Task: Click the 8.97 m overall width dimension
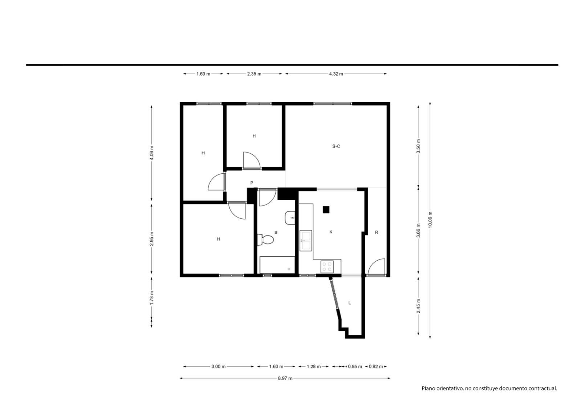(285, 378)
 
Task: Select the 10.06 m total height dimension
(430, 220)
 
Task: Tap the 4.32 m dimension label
(336, 74)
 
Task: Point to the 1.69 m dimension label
(203, 74)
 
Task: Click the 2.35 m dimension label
(254, 74)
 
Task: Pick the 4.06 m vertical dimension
(152, 153)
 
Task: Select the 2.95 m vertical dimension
(152, 239)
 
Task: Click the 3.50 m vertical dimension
(418, 146)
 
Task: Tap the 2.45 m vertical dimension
(418, 306)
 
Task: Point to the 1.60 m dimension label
(276, 367)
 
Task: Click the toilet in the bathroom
(265, 239)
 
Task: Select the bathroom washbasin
(290, 218)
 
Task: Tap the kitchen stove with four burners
(327, 267)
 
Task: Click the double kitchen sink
(306, 241)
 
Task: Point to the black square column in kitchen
(326, 210)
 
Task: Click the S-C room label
(336, 146)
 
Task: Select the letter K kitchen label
(331, 232)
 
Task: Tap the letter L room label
(350, 303)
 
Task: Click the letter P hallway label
(252, 183)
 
